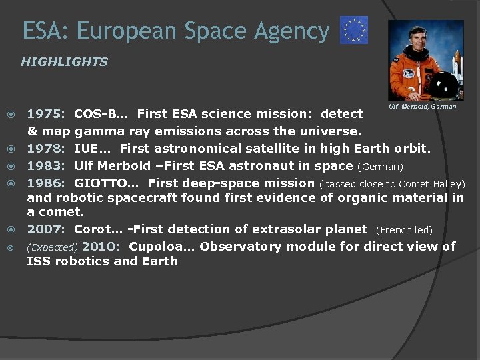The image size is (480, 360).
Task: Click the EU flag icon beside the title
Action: pos(354,31)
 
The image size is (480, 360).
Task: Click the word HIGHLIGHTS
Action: pos(64,62)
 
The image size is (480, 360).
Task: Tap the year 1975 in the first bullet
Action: pos(45,114)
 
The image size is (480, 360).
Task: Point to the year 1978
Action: pos(45,148)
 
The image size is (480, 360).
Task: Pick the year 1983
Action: pos(45,165)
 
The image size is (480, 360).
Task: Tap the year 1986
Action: pos(45,183)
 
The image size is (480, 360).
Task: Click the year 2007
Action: pos(45,229)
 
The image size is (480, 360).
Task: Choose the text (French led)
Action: pos(404,230)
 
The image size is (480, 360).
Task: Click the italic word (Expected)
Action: pos(52,247)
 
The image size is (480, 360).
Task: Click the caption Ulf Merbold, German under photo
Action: pos(422,107)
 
